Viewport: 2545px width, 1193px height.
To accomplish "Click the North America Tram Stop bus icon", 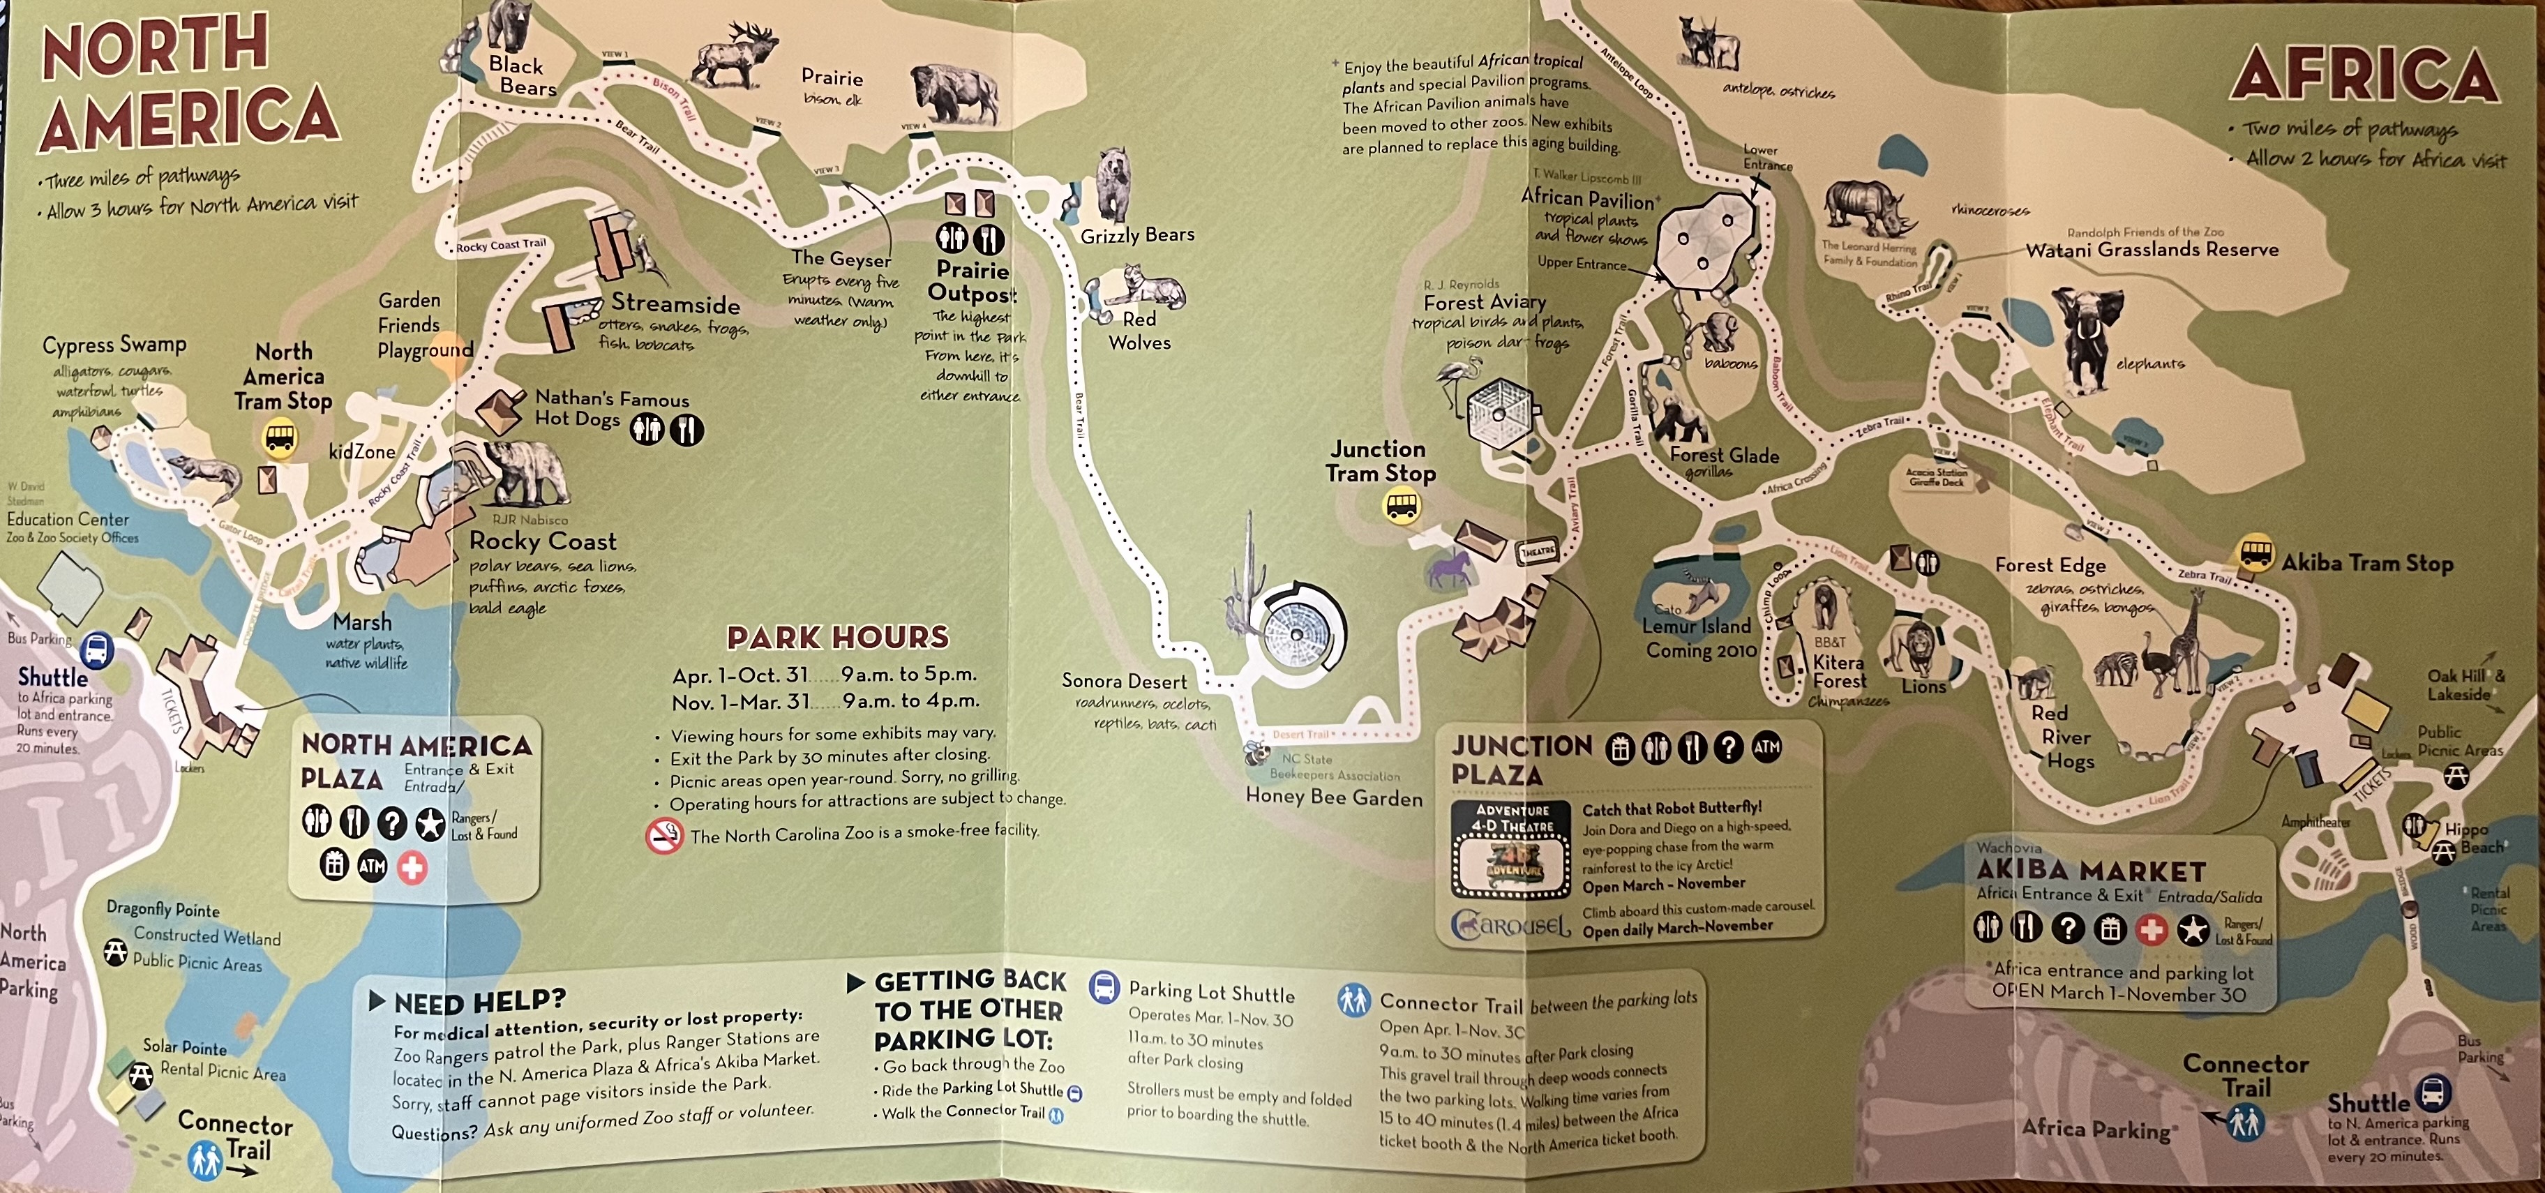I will click(x=280, y=437).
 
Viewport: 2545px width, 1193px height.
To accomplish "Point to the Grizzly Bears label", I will click(x=1137, y=235).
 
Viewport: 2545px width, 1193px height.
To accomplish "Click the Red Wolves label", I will click(x=1139, y=331).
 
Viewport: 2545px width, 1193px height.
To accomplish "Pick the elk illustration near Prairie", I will click(x=739, y=59).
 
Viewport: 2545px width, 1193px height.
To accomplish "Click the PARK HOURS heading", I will click(x=838, y=637).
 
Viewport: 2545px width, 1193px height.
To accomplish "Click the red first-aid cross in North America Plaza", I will click(x=412, y=868).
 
